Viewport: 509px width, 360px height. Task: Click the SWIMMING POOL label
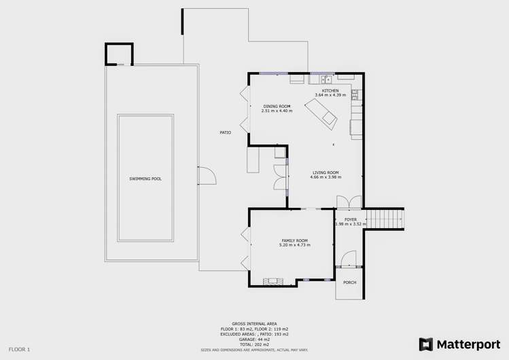145,179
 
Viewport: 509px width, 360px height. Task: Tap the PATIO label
225,132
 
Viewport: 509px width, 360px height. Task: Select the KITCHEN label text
330,91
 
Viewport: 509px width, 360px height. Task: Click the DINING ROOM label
277,106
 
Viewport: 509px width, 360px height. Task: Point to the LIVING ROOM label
326,173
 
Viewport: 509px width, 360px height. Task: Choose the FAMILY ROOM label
295,240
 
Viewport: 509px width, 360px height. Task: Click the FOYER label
351,219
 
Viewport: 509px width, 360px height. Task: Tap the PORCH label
350,283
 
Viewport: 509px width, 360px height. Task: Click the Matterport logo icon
426,344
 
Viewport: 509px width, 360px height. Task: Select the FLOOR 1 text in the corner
19,349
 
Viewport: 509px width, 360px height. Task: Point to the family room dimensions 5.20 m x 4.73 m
295,245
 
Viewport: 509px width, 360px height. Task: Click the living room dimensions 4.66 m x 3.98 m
326,177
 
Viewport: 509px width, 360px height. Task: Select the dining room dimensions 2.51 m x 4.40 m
277,111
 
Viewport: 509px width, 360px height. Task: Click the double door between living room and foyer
349,202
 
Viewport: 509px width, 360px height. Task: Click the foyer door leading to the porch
348,259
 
